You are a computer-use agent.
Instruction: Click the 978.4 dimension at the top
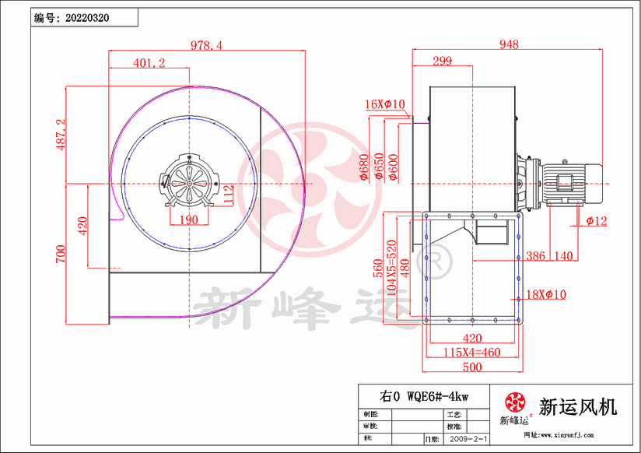point(207,46)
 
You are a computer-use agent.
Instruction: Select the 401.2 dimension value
point(149,64)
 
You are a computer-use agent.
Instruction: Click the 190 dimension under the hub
point(189,220)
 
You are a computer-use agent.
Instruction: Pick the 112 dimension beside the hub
point(229,194)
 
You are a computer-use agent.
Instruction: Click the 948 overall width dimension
point(509,45)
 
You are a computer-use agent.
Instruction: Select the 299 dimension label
point(442,61)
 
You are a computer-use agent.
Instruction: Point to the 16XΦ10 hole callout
point(385,104)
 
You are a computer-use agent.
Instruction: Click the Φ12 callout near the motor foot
point(597,221)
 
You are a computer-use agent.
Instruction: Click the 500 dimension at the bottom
point(472,367)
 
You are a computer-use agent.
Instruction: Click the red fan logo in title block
point(514,402)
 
